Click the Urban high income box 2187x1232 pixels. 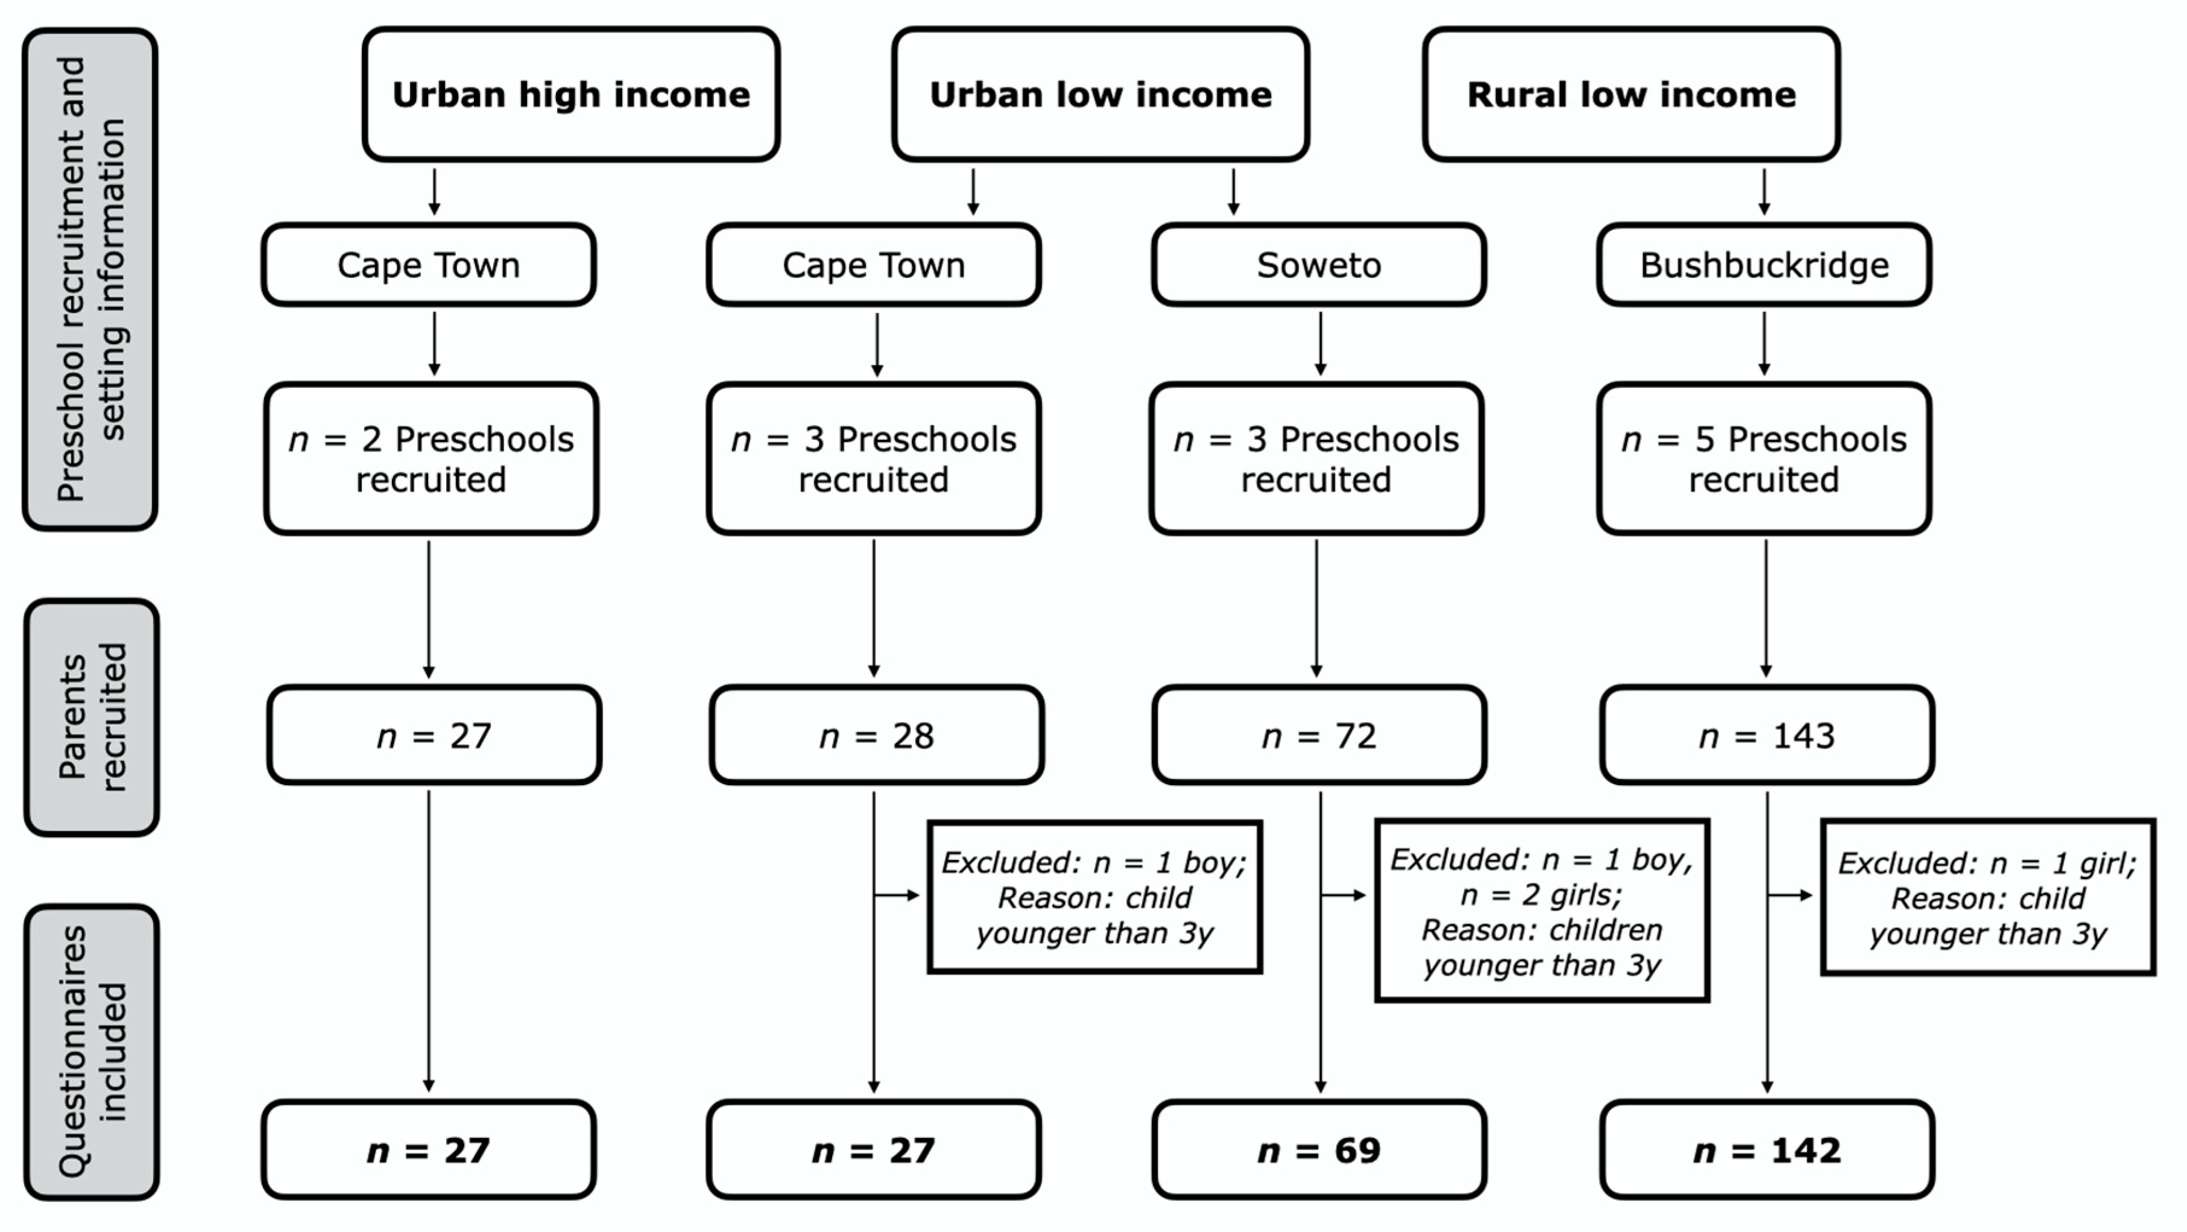pyautogui.click(x=570, y=94)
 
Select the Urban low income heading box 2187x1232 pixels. pyautogui.click(x=1100, y=94)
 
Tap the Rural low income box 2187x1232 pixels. pyautogui.click(x=1631, y=94)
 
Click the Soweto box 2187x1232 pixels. pyautogui.click(x=1319, y=265)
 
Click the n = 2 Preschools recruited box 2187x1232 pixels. pyautogui.click(x=431, y=458)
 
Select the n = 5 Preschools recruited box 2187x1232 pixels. pyautogui.click(x=1764, y=458)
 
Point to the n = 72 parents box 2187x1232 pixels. pyautogui.click(x=1319, y=735)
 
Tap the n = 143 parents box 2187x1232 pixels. pyautogui.click(x=1767, y=735)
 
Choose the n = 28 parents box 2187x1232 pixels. pyautogui.click(x=876, y=735)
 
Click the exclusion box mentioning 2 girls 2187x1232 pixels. pyautogui.click(x=1541, y=911)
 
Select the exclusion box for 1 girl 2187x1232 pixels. pyautogui.click(x=1987, y=897)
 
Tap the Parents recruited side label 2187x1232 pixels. pyautogui.click(x=92, y=718)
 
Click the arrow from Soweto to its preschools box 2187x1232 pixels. pyautogui.click(x=1319, y=344)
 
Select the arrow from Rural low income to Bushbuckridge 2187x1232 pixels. pyautogui.click(x=1764, y=192)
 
